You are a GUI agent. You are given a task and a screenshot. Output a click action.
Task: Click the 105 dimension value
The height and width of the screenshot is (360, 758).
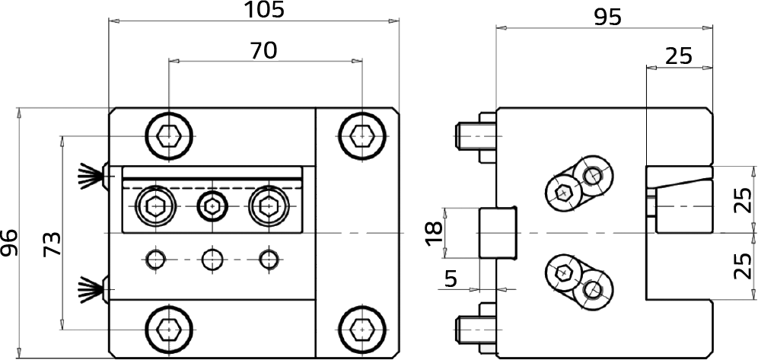click(264, 10)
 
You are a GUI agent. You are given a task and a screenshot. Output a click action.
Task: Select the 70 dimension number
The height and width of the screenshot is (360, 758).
click(263, 50)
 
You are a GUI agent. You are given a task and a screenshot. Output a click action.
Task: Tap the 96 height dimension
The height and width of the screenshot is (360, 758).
click(9, 243)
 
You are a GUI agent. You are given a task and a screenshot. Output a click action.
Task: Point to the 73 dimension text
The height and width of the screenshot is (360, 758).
click(52, 244)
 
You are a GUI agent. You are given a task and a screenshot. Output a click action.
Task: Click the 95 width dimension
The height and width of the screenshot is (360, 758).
click(607, 18)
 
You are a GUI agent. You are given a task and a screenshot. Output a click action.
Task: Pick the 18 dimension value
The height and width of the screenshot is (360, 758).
click(435, 234)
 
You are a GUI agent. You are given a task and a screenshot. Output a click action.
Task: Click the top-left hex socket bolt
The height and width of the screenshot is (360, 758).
click(169, 136)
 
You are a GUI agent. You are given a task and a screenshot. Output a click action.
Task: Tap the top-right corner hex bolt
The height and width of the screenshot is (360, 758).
click(362, 136)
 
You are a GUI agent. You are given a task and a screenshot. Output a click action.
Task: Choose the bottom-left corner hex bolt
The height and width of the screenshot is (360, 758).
click(169, 329)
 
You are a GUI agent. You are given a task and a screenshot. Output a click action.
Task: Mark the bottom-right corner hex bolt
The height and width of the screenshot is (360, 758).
click(362, 329)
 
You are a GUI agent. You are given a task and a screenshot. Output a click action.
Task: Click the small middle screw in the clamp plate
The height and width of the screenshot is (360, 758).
click(212, 207)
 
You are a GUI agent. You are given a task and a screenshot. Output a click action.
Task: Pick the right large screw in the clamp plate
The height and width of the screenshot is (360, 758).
click(268, 207)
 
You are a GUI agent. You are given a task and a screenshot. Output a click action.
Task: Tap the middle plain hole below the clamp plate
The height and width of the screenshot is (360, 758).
click(212, 260)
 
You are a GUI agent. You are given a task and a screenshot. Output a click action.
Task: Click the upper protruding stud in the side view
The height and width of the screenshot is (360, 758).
click(475, 137)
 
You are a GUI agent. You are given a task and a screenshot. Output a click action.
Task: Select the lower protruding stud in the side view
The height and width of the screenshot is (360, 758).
click(475, 330)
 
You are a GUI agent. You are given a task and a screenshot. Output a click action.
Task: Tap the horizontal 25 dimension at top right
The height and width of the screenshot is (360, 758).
click(679, 57)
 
